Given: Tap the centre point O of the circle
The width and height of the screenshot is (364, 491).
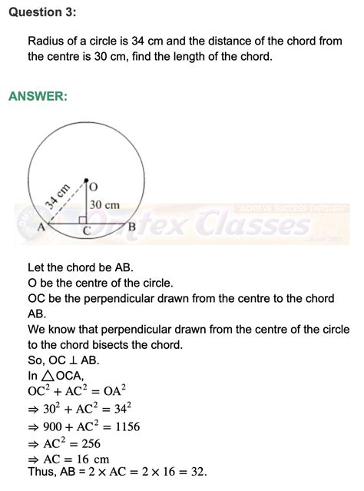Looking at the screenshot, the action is click(86, 181).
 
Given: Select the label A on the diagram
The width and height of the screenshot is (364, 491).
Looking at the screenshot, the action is click(40, 228).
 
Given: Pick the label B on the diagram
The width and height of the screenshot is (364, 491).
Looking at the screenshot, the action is click(131, 226).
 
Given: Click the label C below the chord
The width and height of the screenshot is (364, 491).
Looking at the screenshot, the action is click(87, 231).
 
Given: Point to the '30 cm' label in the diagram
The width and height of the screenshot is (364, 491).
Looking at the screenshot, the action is click(105, 205).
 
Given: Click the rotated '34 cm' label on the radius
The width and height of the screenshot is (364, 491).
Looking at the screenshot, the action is click(58, 197).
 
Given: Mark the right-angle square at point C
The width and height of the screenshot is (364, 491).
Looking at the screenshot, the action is click(83, 221).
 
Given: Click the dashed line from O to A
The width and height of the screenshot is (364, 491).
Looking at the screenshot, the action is click(65, 202).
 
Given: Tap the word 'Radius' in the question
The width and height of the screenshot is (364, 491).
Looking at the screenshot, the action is click(46, 41).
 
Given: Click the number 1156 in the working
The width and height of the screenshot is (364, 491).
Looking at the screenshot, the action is click(124, 426).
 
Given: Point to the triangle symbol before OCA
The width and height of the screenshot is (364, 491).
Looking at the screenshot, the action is click(45, 376).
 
